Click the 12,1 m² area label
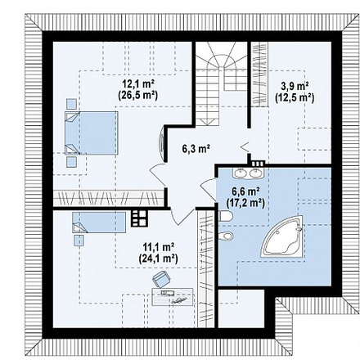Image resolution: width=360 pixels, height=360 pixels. (138, 83)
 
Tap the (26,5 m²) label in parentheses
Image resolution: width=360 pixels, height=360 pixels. (138, 95)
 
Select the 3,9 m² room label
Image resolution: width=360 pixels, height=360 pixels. (295, 86)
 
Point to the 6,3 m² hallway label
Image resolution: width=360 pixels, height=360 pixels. (196, 149)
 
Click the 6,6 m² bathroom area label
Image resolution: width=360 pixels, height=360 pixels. (245, 191)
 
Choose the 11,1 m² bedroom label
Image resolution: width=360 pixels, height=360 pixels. (159, 247)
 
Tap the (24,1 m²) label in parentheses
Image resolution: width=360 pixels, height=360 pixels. (159, 259)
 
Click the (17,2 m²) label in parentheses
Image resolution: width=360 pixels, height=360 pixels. (245, 203)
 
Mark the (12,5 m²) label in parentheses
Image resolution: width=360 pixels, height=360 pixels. (295, 97)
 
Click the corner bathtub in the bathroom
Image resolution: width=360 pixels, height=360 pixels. (284, 237)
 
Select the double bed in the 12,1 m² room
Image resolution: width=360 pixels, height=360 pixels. (92, 133)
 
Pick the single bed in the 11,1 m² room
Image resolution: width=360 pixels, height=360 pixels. (99, 223)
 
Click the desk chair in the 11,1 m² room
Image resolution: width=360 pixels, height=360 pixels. (162, 281)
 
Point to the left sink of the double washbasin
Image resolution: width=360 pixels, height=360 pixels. (241, 172)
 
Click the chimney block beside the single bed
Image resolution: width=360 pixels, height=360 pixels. (139, 218)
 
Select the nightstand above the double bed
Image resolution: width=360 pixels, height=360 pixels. (71, 104)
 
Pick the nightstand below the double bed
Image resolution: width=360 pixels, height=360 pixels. (71, 161)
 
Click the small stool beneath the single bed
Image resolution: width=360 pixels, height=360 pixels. (79, 241)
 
